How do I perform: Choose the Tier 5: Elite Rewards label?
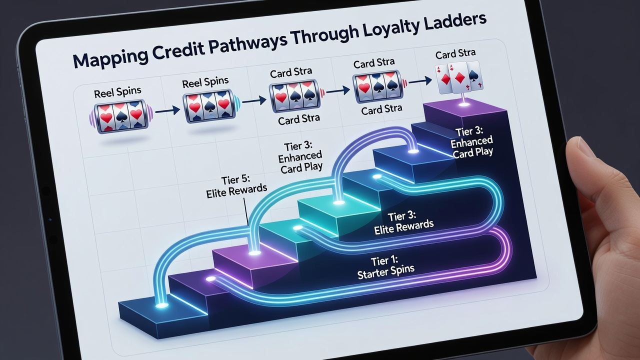pyautogui.click(x=236, y=187)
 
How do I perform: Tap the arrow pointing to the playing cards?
pyautogui.click(x=420, y=81)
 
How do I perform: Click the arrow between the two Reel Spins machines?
pyautogui.click(x=167, y=110)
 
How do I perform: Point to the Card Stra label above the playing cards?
pyautogui.click(x=455, y=53)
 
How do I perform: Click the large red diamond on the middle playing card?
pyautogui.click(x=460, y=77)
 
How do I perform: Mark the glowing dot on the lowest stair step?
pyautogui.click(x=161, y=305)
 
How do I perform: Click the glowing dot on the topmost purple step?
pyautogui.click(x=463, y=104)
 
